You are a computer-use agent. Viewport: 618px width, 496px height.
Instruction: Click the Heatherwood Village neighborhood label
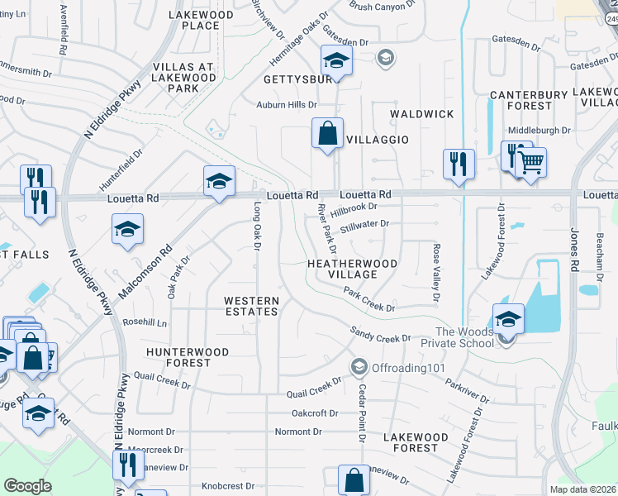352,269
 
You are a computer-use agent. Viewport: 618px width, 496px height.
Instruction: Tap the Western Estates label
252,306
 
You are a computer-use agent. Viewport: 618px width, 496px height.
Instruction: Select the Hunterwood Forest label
187,357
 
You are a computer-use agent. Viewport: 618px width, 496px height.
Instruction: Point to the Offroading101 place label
399,366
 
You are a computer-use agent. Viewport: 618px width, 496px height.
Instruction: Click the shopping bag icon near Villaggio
327,133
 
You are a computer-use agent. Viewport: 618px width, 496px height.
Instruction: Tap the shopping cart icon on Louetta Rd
532,161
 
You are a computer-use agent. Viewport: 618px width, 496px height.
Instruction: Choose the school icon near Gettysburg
336,60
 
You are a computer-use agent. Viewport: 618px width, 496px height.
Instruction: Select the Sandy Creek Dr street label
380,336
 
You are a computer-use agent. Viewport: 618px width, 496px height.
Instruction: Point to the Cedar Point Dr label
361,414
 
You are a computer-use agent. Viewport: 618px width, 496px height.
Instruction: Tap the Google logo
28,485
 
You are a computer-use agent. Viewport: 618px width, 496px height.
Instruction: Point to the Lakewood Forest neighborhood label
416,442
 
